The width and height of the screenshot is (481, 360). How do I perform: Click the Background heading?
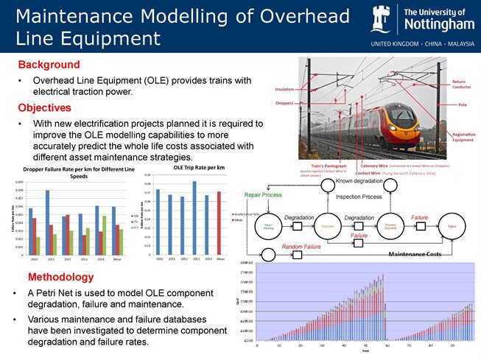click(x=49, y=65)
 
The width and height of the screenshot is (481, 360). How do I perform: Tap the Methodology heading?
click(x=60, y=278)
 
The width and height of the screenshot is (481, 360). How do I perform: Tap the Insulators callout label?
click(x=285, y=88)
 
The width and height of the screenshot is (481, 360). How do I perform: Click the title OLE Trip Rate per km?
click(x=197, y=168)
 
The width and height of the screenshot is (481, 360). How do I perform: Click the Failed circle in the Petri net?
click(x=450, y=227)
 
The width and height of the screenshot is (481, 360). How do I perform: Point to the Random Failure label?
click(x=303, y=247)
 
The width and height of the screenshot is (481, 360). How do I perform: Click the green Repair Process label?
click(x=263, y=196)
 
